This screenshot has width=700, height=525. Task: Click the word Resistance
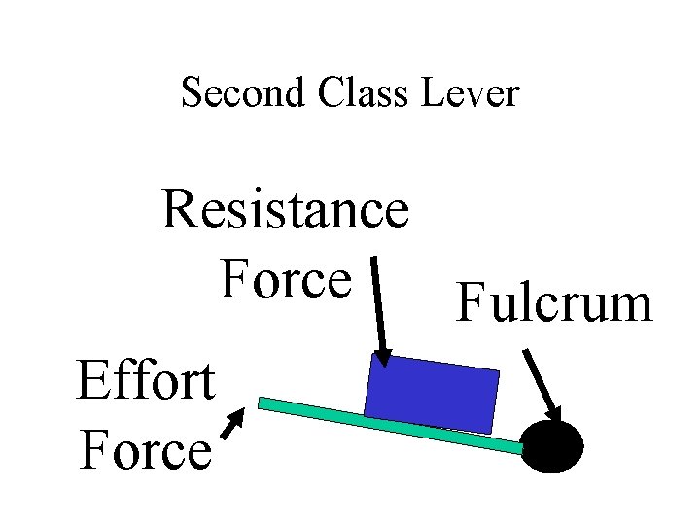[285, 209]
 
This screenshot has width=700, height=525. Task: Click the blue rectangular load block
[432, 394]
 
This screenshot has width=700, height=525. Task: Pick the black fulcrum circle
[553, 446]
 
